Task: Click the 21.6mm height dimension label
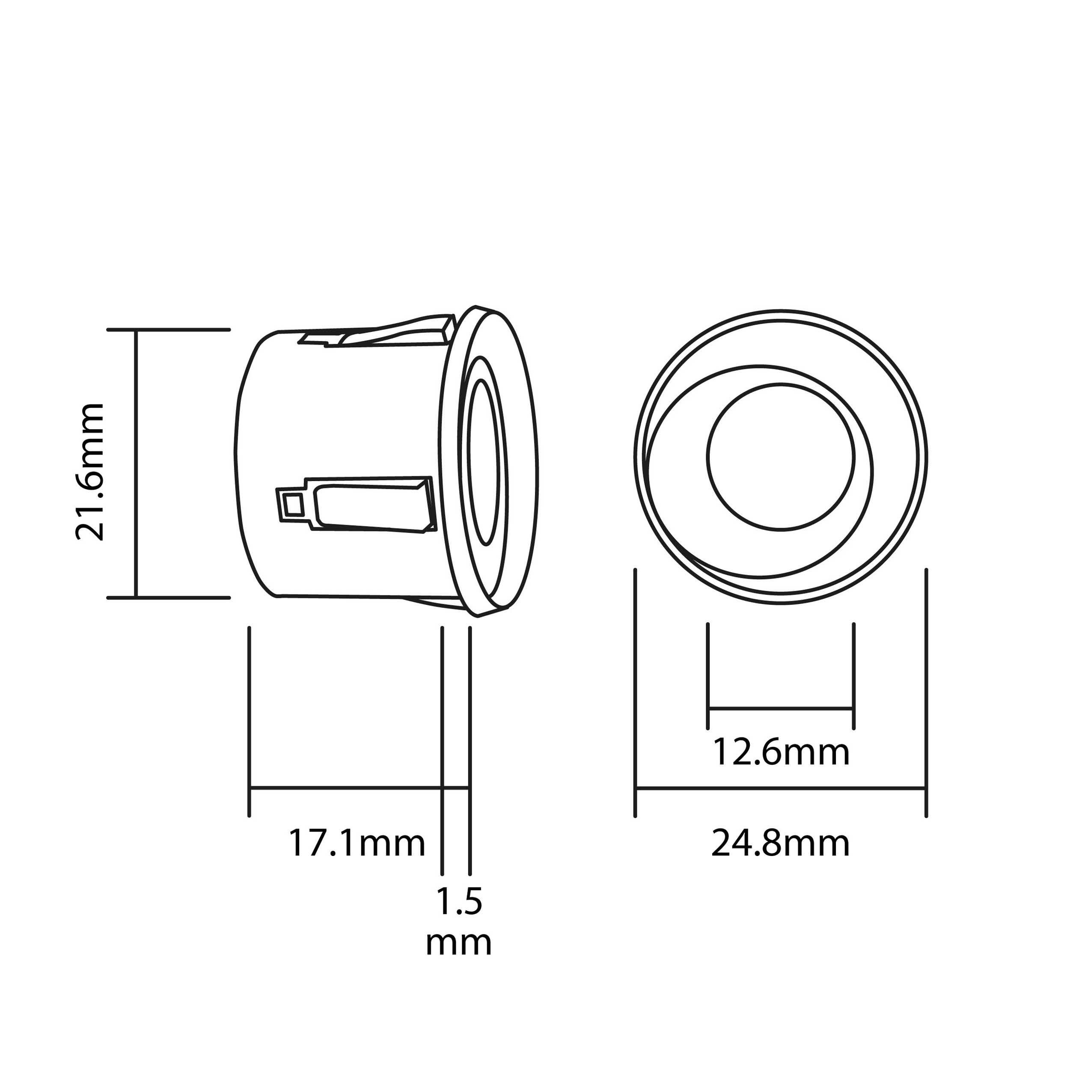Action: coord(90,471)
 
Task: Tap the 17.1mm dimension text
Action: coord(357,844)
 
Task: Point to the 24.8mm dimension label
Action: coord(780,844)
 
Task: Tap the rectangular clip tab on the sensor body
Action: coord(371,504)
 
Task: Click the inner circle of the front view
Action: coord(780,456)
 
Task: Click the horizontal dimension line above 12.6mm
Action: coord(780,708)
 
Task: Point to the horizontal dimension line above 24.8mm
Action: coord(780,787)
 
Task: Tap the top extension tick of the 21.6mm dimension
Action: coord(168,330)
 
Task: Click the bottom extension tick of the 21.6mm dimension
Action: coord(168,597)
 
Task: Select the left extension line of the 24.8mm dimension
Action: coord(635,692)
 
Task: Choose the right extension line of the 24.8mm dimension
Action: coord(926,692)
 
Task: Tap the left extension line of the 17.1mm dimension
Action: coord(249,720)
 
